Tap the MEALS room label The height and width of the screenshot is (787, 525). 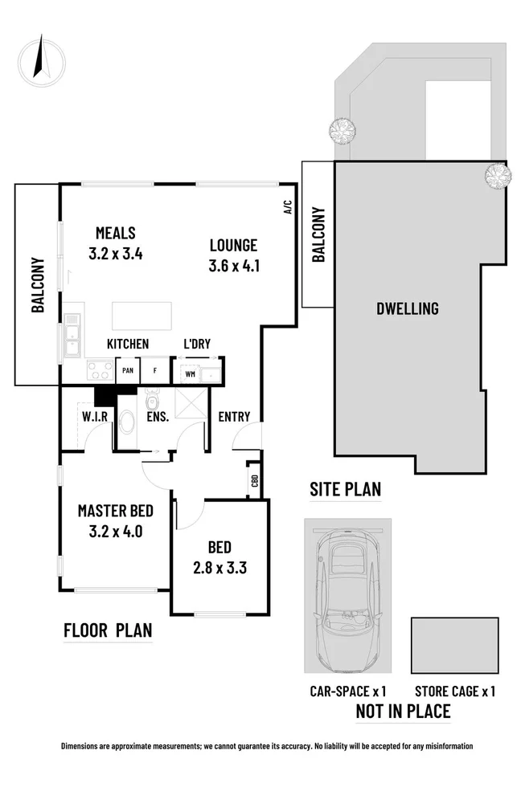(x=115, y=233)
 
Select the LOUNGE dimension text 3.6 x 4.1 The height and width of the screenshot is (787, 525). (x=232, y=266)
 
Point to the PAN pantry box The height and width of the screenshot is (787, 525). (x=128, y=371)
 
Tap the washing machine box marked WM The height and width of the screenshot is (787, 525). (x=190, y=373)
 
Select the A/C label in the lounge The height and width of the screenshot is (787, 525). (x=286, y=207)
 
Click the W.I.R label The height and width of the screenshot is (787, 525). (x=96, y=417)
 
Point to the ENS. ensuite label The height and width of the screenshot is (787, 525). (x=157, y=417)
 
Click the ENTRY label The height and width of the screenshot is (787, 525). (x=234, y=417)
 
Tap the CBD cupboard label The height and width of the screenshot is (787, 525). (x=254, y=480)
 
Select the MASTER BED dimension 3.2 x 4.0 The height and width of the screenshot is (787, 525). (x=115, y=530)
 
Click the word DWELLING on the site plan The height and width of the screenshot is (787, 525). (x=408, y=308)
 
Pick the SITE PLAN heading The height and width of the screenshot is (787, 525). (x=346, y=488)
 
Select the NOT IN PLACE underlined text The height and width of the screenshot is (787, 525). (x=403, y=711)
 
